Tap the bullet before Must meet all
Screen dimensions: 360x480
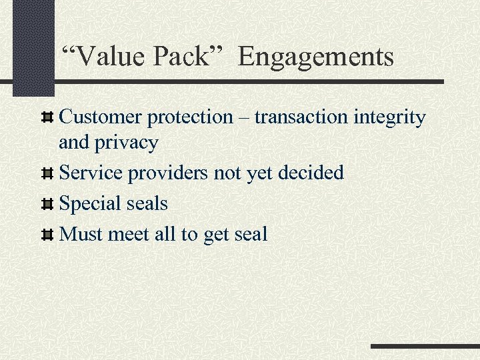pos(47,235)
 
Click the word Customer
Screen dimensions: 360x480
pos(101,117)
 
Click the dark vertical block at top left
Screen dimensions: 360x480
pos(33,47)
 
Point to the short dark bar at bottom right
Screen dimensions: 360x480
pos(425,347)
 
